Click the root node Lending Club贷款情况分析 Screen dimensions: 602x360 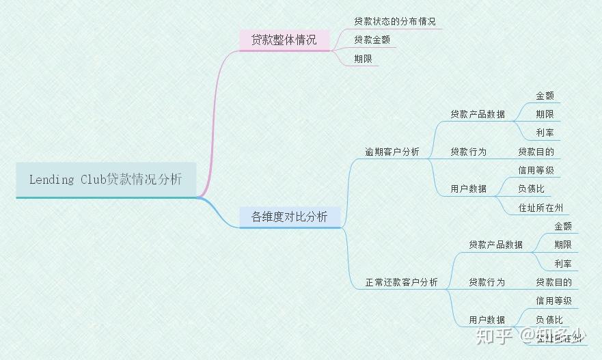coord(106,180)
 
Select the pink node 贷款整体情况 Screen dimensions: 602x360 coord(284,40)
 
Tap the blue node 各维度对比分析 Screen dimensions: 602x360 coord(289,217)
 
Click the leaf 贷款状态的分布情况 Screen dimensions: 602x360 coord(394,22)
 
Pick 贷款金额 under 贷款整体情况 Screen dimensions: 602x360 coord(372,40)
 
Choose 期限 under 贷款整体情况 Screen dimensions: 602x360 coord(363,59)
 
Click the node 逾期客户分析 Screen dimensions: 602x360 coord(392,152)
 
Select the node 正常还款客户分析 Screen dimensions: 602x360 coord(401,282)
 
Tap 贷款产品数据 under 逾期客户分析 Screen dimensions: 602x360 coord(478,114)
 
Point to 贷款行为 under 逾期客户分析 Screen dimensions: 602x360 coord(468,152)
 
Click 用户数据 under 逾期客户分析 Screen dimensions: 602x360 coord(468,189)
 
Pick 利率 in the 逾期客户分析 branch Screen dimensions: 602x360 coord(545,133)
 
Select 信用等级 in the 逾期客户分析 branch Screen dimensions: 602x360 coord(536,170)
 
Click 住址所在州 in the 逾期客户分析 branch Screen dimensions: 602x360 coord(540,208)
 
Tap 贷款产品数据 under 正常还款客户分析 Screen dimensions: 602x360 coord(495,245)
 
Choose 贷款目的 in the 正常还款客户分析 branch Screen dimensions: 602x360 coord(553,282)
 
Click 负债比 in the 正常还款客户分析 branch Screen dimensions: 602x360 coord(549,319)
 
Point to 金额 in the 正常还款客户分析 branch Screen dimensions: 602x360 coord(562,226)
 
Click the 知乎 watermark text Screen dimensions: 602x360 coord(493,335)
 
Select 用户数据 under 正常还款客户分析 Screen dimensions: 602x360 coord(487,320)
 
